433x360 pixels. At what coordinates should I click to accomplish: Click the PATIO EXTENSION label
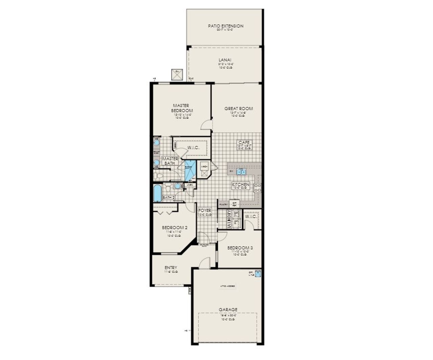(x=226, y=26)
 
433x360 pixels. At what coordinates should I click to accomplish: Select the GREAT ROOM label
(x=238, y=109)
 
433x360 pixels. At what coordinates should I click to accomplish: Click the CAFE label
(x=244, y=143)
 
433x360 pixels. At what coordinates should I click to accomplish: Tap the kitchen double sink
(x=242, y=172)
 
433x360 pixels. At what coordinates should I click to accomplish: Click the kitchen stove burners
(x=257, y=188)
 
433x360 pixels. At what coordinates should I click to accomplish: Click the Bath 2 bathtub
(x=158, y=193)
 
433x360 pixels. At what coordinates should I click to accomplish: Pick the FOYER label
(x=205, y=210)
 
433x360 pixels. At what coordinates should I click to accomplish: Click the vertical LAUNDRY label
(x=229, y=219)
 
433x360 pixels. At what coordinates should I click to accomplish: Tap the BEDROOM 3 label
(x=240, y=248)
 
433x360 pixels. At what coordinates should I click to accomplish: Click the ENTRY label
(x=171, y=267)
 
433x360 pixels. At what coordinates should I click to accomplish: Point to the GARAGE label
(x=228, y=309)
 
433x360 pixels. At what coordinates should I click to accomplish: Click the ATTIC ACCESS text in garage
(x=228, y=286)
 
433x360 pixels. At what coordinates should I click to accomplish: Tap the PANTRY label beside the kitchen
(x=223, y=204)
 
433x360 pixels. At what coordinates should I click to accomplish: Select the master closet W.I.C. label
(x=193, y=148)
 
